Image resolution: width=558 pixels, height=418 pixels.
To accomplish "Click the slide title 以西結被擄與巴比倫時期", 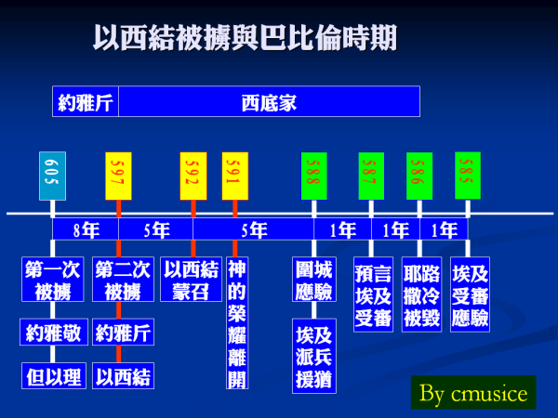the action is [x=245, y=38].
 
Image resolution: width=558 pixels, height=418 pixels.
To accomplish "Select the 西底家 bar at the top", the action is [x=269, y=101].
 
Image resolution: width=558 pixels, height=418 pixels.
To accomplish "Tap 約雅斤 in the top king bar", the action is [x=86, y=101].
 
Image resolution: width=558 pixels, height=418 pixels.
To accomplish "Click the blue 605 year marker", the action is [x=52, y=176].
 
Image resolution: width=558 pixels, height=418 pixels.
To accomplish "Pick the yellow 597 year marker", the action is [x=118, y=176].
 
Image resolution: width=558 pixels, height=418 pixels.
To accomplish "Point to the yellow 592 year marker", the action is [x=193, y=176].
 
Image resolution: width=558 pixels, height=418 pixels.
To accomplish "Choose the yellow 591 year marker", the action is [x=235, y=176].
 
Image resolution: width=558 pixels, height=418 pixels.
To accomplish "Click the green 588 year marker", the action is [x=314, y=176].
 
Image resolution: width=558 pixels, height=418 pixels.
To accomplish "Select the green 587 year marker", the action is [x=371, y=176].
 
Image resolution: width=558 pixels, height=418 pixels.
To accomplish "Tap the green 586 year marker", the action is [x=419, y=176].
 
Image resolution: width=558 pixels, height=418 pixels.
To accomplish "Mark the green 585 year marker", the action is [x=468, y=176].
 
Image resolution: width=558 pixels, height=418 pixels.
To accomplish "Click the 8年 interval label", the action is [x=86, y=229].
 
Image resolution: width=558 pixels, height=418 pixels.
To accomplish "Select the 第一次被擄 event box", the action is [x=53, y=280].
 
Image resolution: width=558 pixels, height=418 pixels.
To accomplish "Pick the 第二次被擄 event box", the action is [x=123, y=280].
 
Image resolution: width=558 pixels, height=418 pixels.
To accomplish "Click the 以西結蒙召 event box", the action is [x=191, y=280].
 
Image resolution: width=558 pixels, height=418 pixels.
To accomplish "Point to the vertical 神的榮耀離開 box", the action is [x=237, y=322].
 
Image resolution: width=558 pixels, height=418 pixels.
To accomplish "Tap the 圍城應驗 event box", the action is [x=314, y=280].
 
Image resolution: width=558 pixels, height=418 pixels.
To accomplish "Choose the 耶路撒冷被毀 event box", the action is [x=421, y=294].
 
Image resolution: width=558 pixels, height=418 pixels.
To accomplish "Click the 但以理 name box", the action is [x=54, y=375].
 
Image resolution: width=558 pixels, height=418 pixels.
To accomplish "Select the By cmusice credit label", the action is [x=473, y=392].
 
